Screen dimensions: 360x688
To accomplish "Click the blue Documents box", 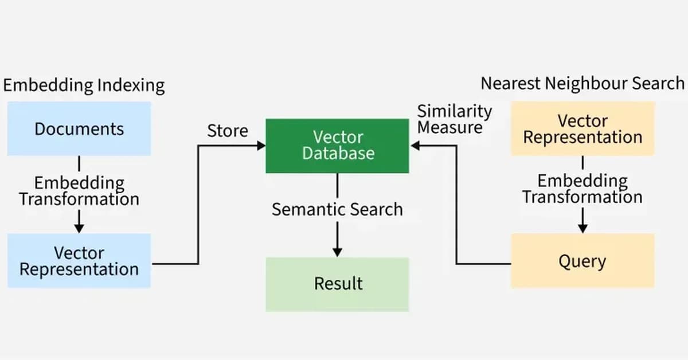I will coord(79,128).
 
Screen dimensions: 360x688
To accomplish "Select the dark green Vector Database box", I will coord(337,146).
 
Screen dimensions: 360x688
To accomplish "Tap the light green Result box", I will coord(337,284).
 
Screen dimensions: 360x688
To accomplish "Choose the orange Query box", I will coord(582,261).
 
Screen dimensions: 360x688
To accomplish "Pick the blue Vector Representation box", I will coord(79,261).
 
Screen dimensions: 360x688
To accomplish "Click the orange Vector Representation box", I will coord(582,129).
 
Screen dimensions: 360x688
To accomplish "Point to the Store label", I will coord(228,131).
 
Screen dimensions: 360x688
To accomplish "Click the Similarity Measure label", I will coord(454,119).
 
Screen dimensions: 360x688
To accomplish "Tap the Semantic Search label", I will coord(337,209).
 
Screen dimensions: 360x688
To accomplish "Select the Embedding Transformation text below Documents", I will coord(79,191).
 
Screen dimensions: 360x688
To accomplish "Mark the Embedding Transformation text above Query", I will coord(582,189).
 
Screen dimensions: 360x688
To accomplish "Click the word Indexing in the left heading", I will coord(130,86).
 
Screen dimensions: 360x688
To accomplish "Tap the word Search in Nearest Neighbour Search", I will coord(658,83).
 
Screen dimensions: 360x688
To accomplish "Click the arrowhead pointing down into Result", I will coord(337,252).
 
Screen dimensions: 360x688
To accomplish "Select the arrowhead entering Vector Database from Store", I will coord(261,146).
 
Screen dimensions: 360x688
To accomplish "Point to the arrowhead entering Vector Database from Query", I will coord(415,146).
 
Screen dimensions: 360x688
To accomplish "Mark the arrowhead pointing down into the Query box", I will coord(583,228).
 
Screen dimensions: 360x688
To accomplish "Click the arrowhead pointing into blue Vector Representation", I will coord(79,228).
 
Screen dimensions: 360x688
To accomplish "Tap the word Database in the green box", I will coord(338,154).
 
